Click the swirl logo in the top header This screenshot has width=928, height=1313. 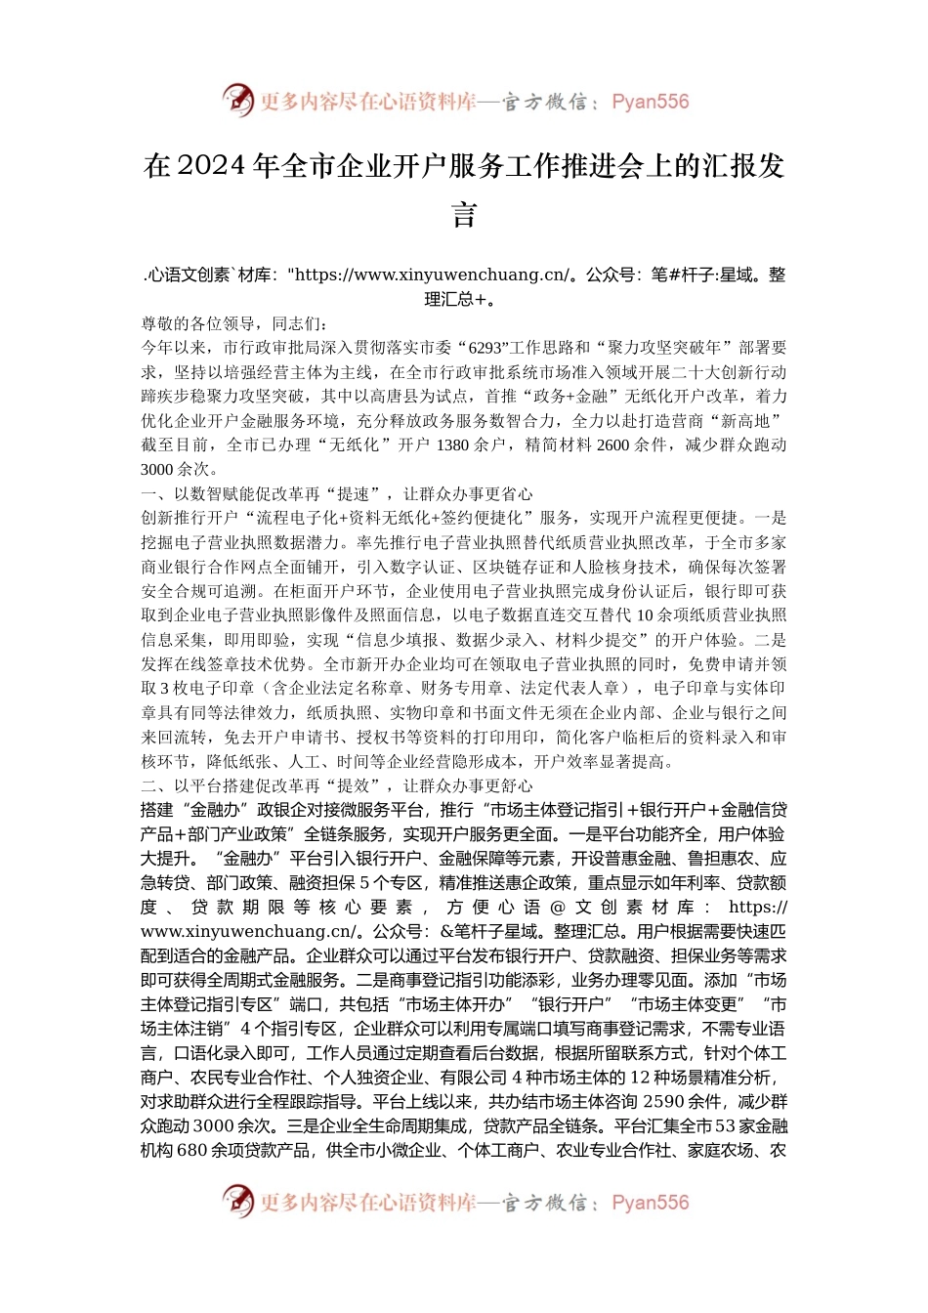tap(237, 100)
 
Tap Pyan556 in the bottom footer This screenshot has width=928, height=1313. tap(650, 1203)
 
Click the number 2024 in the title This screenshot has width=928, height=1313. tap(211, 167)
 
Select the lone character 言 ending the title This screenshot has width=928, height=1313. tap(464, 214)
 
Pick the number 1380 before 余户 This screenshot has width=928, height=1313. tap(452, 445)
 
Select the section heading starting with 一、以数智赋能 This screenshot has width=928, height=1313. tap(337, 493)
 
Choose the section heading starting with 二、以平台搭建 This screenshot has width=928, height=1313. tap(337, 785)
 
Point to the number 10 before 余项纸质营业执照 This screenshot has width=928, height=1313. tap(645, 615)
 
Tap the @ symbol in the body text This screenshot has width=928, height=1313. tap(559, 908)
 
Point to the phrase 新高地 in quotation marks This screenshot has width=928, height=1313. tap(749, 421)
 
